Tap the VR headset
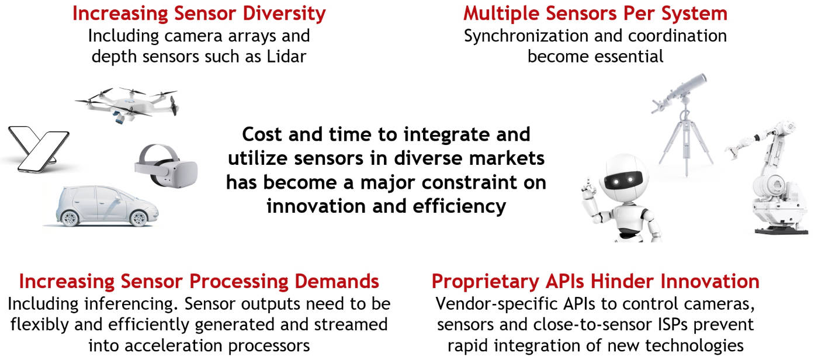click(x=166, y=166)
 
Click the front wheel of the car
click(x=138, y=218)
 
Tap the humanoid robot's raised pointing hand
click(x=589, y=189)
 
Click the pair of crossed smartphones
click(x=39, y=148)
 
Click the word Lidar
click(x=286, y=57)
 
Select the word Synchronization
click(x=526, y=36)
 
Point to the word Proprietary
click(x=485, y=282)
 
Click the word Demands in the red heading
click(x=337, y=282)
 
